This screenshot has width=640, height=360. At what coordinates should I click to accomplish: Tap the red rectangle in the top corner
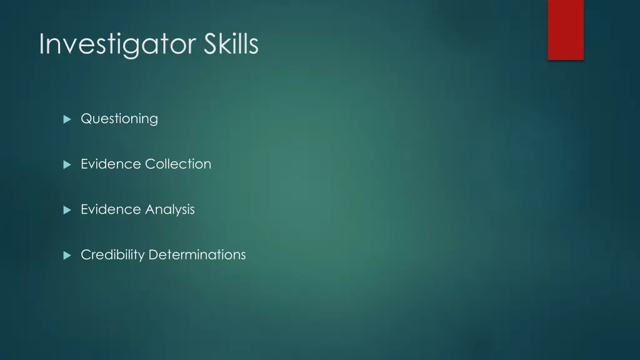tap(566, 29)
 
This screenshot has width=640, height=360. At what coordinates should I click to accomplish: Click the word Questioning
tap(119, 119)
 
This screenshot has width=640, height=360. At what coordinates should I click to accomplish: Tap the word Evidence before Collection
tap(111, 164)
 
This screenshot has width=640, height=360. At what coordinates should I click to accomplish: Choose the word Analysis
tap(170, 209)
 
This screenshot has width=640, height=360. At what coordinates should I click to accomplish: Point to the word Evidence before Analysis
tap(111, 209)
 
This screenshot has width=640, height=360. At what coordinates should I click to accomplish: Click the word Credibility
tap(112, 255)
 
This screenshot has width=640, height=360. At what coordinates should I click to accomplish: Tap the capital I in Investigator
tap(41, 44)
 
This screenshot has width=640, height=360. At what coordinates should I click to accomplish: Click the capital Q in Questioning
tap(86, 119)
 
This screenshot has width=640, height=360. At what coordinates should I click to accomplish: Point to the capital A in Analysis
tap(149, 209)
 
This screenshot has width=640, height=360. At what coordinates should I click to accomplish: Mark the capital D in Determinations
tap(153, 254)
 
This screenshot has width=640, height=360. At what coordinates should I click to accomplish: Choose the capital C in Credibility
tap(86, 254)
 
